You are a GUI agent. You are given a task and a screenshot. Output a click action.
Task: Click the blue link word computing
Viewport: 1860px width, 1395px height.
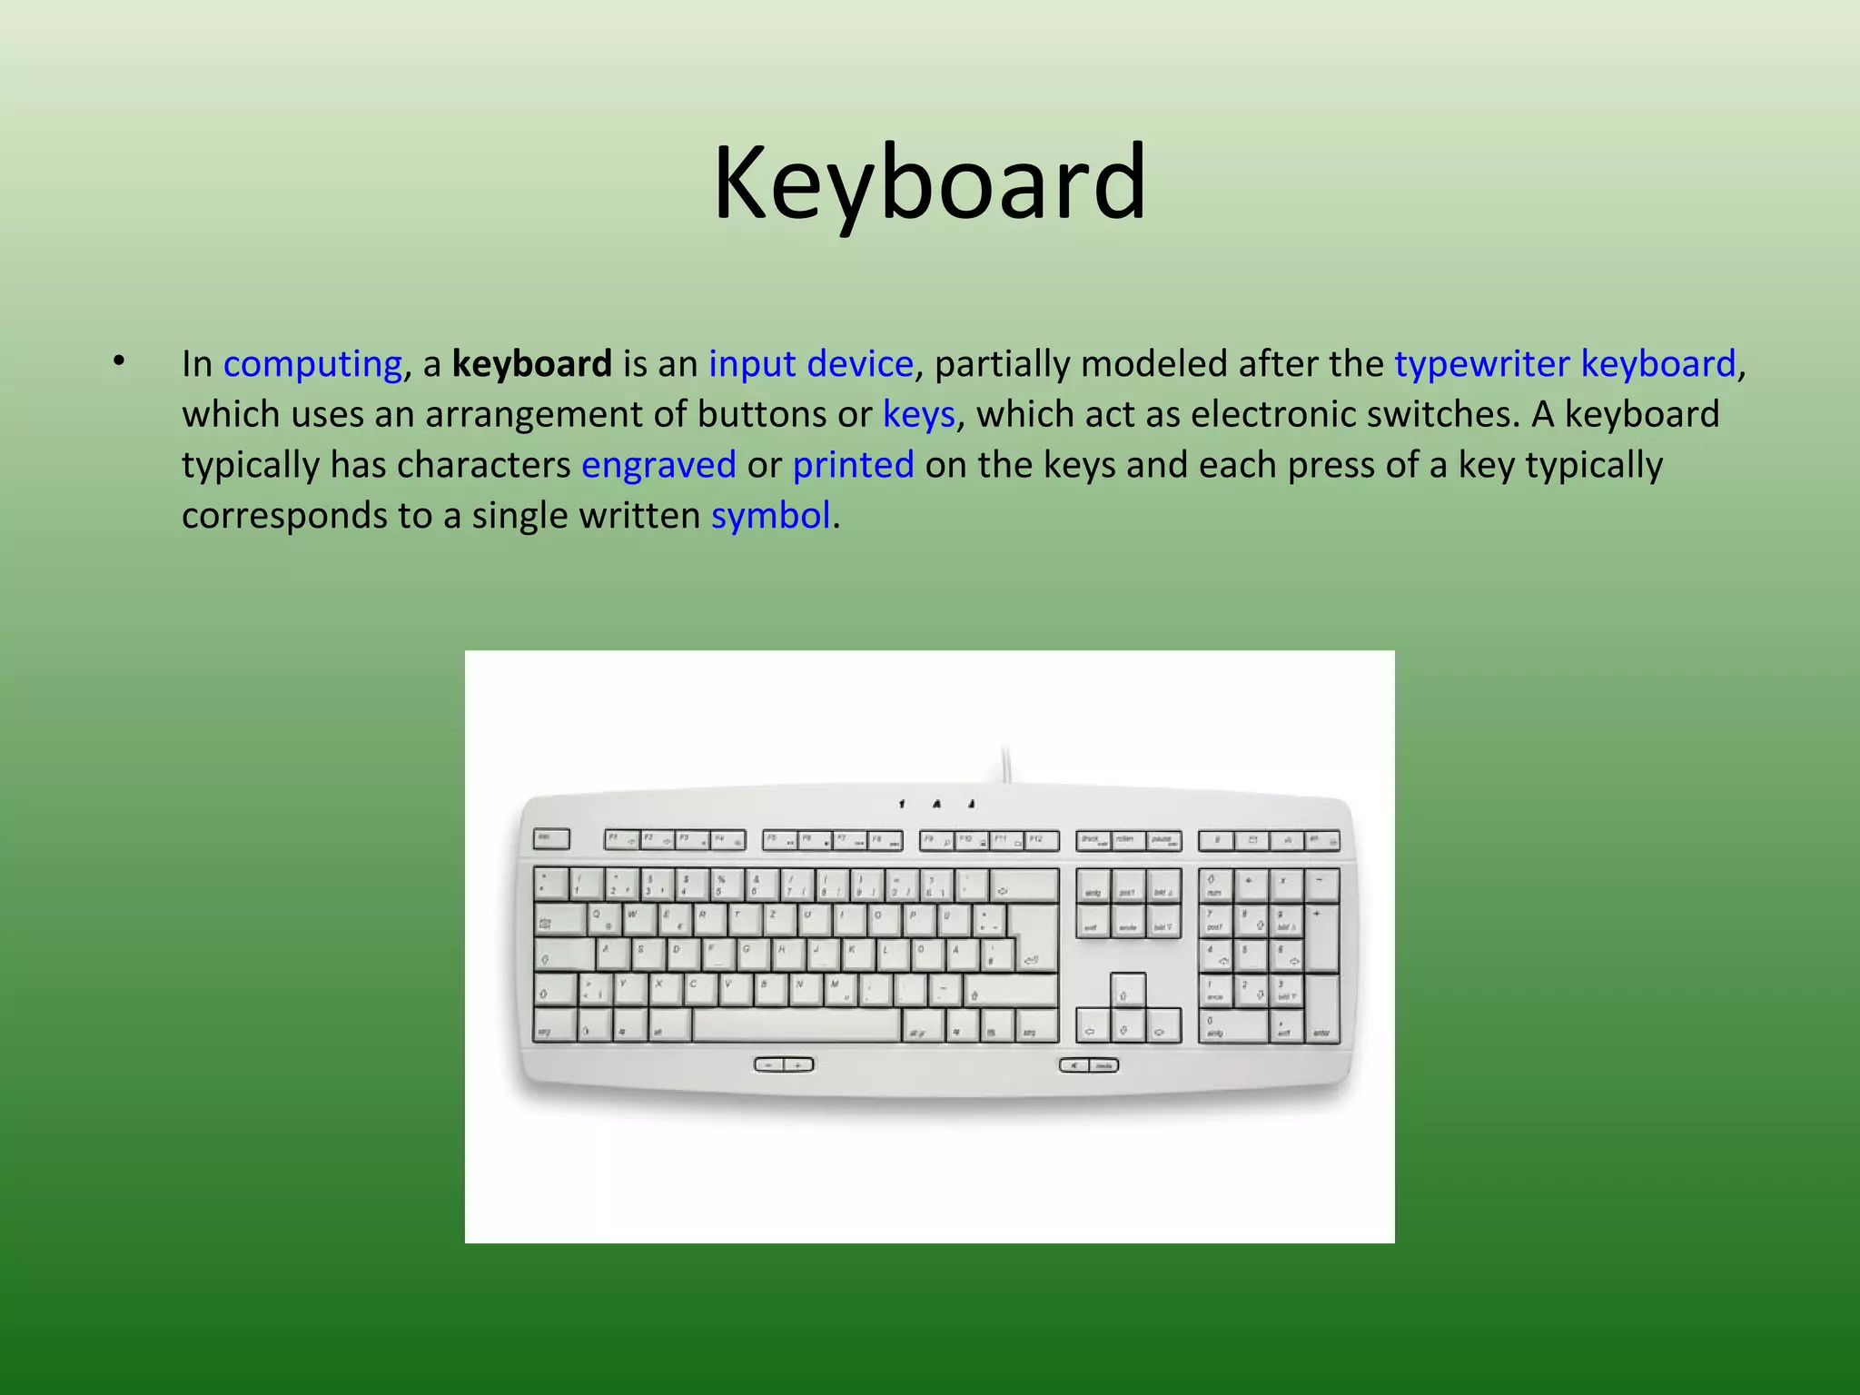(312, 364)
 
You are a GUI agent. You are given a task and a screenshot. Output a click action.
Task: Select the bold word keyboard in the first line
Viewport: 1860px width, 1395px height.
(532, 364)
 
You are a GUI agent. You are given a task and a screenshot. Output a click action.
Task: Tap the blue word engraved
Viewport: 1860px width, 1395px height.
(658, 466)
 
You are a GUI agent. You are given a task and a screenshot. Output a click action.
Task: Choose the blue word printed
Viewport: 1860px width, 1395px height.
(853, 466)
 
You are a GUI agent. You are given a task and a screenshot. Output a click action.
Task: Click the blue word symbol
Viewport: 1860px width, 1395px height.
(770, 517)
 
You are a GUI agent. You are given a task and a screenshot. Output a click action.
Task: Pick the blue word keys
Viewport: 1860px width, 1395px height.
(918, 415)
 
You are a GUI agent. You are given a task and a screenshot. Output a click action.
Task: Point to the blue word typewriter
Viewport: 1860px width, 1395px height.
(1481, 364)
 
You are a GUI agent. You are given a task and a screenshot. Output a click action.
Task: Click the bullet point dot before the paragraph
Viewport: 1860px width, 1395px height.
(118, 362)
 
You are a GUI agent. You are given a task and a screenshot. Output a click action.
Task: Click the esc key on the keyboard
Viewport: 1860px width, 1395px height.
(551, 838)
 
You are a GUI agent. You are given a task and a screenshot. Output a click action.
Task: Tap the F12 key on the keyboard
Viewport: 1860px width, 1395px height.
(1041, 840)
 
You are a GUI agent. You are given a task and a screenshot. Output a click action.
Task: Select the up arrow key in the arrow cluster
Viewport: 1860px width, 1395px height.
(1126, 990)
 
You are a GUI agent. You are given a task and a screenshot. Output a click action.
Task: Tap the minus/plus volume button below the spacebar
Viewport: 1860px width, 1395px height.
(784, 1064)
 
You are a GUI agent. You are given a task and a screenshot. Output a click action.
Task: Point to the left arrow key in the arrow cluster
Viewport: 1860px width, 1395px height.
(1093, 1026)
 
